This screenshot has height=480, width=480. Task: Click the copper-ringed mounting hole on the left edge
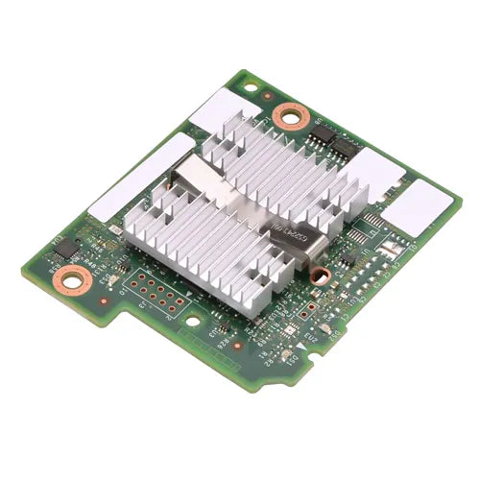[x=73, y=281]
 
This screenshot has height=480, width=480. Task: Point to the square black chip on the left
[x=65, y=249]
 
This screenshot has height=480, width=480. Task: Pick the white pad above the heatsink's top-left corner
[x=223, y=108]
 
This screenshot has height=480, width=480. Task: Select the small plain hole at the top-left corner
[x=251, y=86]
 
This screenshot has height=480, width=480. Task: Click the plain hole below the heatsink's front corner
[x=194, y=322]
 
